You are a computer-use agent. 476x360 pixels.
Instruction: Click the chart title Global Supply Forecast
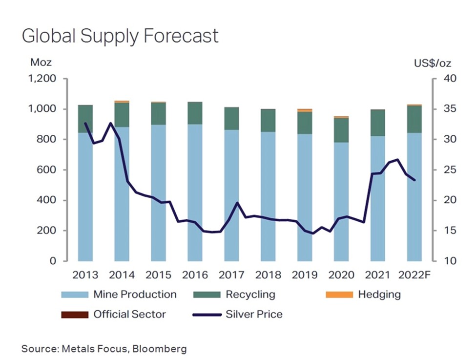point(120,37)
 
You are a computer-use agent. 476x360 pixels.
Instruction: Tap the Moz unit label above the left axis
point(41,63)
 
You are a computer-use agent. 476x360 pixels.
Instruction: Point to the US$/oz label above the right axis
point(432,63)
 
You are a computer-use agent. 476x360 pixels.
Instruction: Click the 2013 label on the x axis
point(85,275)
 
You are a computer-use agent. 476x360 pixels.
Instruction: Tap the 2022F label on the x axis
point(414,275)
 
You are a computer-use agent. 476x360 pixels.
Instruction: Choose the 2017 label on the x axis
point(231,275)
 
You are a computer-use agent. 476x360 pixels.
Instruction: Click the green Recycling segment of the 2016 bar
point(195,113)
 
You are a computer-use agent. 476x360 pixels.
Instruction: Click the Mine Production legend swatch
point(74,295)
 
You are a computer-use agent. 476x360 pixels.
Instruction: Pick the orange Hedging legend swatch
point(339,295)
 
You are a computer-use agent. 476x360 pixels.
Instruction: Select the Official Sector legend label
point(130,314)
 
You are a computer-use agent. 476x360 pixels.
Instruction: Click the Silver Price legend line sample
point(207,314)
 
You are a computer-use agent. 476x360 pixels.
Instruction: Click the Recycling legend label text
point(250,295)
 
